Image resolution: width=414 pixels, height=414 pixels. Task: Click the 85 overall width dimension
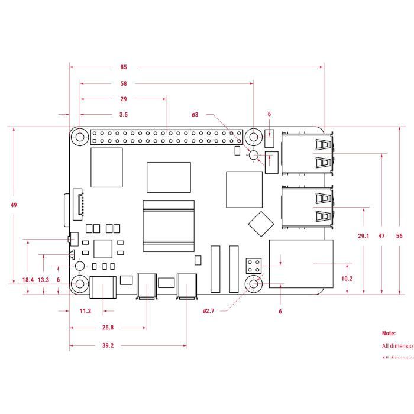tap(124, 67)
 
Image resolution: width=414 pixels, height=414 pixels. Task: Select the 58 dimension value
tap(124, 83)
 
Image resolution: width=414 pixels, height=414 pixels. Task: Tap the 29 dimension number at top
tap(124, 99)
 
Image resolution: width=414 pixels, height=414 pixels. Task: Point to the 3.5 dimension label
tap(124, 114)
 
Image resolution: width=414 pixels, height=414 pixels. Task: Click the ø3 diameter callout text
tap(195, 114)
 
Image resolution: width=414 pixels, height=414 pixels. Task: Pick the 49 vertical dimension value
tap(14, 205)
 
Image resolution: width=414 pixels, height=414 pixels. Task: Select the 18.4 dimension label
tap(28, 279)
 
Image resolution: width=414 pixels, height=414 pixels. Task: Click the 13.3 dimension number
tap(43, 279)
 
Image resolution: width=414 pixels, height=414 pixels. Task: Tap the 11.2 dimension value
tap(85, 311)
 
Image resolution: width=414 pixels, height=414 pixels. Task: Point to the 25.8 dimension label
tap(108, 327)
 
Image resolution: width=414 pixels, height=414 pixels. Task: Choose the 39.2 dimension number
tap(108, 346)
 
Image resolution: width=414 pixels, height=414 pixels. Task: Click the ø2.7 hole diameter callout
tap(208, 310)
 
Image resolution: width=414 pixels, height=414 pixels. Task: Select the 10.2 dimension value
tap(347, 278)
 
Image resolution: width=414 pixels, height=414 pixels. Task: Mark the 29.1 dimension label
tap(363, 236)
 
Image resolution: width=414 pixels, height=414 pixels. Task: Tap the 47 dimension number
tap(381, 236)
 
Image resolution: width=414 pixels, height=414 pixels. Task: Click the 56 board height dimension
tap(399, 236)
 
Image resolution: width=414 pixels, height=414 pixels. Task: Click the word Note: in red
tap(389, 334)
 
